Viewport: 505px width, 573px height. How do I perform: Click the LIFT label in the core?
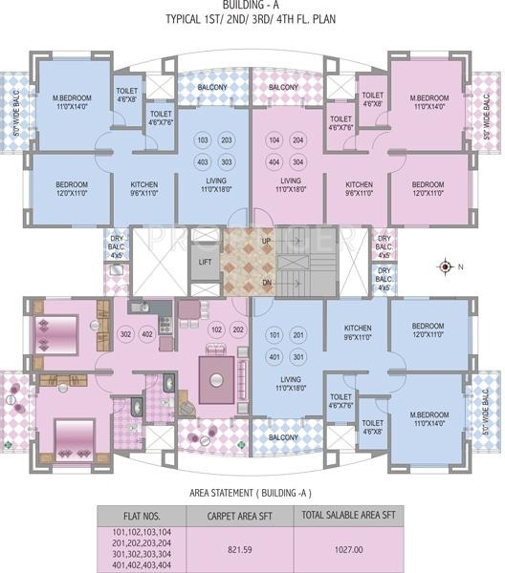205,261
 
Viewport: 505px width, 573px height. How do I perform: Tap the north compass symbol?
446,266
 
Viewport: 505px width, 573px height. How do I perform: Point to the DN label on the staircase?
266,284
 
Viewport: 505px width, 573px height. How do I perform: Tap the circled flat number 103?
202,140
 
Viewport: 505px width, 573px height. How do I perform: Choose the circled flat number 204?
298,140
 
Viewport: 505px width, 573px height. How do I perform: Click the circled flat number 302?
125,334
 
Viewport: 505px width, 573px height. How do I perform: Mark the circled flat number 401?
275,356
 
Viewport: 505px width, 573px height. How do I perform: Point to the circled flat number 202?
238,329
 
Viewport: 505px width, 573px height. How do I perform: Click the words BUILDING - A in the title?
252,7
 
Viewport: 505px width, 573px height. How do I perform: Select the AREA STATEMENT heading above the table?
252,494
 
